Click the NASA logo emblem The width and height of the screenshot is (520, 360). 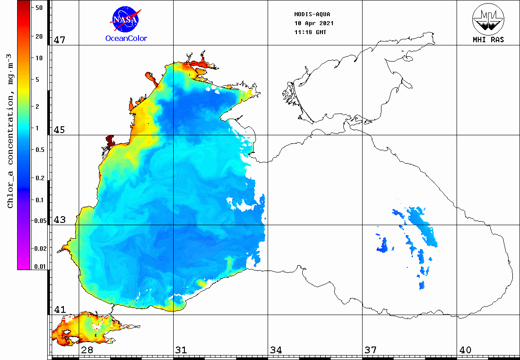click(x=126, y=19)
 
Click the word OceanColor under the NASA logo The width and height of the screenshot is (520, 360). click(x=126, y=39)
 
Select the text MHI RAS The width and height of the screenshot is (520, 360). click(x=488, y=40)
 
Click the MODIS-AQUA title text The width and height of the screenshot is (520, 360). click(x=312, y=14)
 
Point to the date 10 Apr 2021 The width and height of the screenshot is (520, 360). click(x=314, y=23)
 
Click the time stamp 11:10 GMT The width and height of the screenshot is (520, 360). click(x=310, y=32)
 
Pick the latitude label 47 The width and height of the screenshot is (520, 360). click(x=60, y=40)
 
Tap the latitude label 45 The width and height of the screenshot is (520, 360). click(x=60, y=130)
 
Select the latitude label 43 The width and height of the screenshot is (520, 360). click(x=60, y=220)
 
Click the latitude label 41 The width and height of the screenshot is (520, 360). click(x=60, y=310)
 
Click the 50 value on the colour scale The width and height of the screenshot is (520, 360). click(x=39, y=8)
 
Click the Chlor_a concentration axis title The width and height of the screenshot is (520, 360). click(x=10, y=130)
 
